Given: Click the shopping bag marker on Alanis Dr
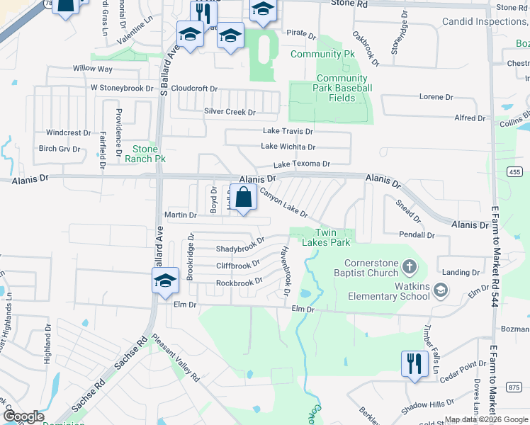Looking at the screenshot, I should (x=243, y=198).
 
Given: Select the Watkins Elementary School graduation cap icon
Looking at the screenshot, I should (x=441, y=289).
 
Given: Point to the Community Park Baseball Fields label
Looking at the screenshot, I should (x=344, y=88).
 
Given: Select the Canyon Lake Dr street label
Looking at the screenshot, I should (x=283, y=203).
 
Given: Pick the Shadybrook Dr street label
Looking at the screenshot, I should (x=240, y=249).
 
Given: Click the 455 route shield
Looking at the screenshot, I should (x=514, y=171).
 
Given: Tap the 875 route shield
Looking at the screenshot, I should (x=514, y=386).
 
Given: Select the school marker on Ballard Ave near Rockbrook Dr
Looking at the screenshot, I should (x=165, y=282).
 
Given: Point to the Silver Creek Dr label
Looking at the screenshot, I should (x=230, y=112).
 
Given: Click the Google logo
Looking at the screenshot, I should (x=23, y=416).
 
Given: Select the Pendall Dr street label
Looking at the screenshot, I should (x=416, y=234).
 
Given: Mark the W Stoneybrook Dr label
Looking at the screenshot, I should (x=121, y=89).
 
